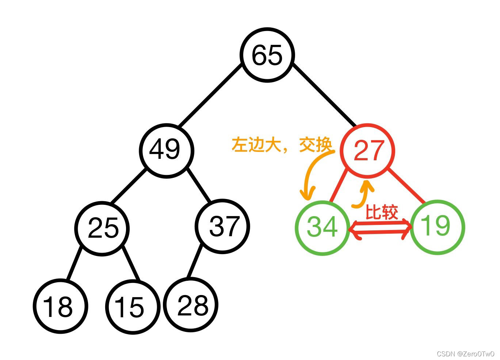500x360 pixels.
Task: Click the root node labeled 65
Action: pyautogui.click(x=267, y=55)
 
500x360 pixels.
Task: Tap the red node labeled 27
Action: pyautogui.click(x=367, y=150)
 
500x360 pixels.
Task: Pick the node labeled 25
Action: pyautogui.click(x=103, y=228)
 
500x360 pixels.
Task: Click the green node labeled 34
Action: pyautogui.click(x=322, y=227)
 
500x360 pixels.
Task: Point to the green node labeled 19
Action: pyautogui.click(x=437, y=227)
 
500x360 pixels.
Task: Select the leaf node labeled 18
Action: pyautogui.click(x=60, y=306)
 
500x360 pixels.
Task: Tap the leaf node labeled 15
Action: pyautogui.click(x=132, y=307)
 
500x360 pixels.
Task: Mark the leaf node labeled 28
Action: pyautogui.click(x=191, y=305)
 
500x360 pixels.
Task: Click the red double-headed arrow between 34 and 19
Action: pyautogui.click(x=380, y=229)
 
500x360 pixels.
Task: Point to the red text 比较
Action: pyautogui.click(x=382, y=212)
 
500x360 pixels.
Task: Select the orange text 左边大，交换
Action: pyautogui.click(x=282, y=145)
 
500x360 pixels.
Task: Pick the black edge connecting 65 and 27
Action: pyautogui.click(x=324, y=96)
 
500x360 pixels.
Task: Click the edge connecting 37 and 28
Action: pyautogui.click(x=195, y=261)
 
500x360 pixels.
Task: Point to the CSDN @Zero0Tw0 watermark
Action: pyautogui.click(x=465, y=354)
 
